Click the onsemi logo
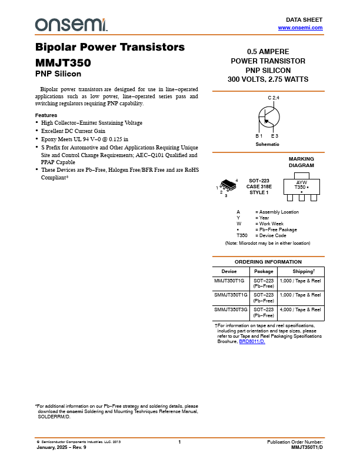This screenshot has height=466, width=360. (x=71, y=24)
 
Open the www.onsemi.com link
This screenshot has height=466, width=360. (x=300, y=28)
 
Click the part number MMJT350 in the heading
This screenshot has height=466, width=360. (x=63, y=62)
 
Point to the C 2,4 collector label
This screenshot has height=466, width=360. (x=274, y=97)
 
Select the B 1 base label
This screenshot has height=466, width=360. (x=259, y=136)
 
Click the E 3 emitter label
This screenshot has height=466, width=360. (x=275, y=136)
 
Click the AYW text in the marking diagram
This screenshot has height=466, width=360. (x=301, y=182)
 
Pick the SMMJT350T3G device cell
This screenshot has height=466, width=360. (x=231, y=309)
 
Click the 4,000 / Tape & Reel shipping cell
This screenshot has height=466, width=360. (x=300, y=309)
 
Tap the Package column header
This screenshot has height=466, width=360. (x=264, y=271)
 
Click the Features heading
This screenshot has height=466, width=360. (x=46, y=115)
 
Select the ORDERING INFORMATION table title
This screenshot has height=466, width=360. (x=268, y=262)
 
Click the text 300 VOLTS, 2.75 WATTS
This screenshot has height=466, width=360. (x=268, y=79)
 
